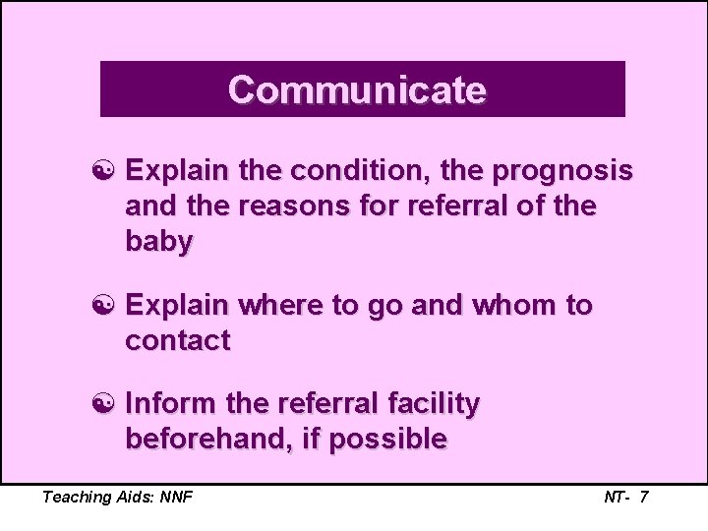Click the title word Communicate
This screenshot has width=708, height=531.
coord(357,89)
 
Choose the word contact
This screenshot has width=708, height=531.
coord(177,341)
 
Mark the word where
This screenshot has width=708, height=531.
coord(278,306)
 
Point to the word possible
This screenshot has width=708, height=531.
coord(387,440)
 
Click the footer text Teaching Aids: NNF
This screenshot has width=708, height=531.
coord(117,497)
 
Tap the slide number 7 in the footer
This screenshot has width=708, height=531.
coord(643,497)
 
